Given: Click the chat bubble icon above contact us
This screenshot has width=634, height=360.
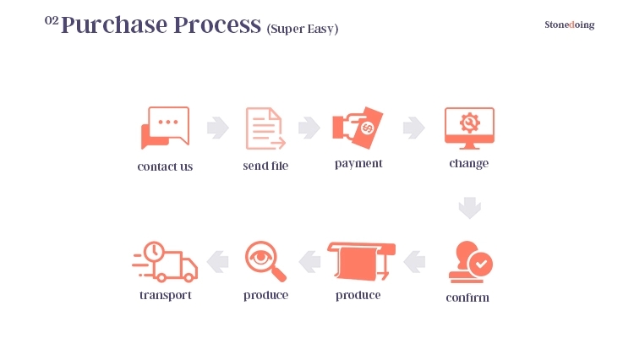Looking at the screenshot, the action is (165, 128).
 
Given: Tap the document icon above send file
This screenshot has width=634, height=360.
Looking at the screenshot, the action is (265, 128).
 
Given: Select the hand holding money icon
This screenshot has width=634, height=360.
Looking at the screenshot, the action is (358, 128).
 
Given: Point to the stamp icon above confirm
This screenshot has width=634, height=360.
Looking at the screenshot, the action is (470, 262).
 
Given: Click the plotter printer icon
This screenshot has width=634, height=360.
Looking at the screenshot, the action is (361, 261).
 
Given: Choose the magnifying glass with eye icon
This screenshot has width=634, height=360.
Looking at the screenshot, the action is (265, 261).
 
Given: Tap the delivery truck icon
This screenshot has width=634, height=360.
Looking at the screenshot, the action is (165, 261).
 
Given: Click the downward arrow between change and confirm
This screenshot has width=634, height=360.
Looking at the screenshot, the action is (470, 208).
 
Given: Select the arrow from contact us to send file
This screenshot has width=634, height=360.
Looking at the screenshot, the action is (218, 128).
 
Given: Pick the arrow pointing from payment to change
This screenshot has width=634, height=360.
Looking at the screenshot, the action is (414, 128).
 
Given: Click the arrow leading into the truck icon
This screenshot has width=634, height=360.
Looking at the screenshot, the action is (217, 262).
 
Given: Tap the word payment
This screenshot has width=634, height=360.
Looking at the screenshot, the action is (358, 164).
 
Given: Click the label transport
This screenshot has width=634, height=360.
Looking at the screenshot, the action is (166, 296).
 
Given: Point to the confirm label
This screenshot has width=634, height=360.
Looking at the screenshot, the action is (467, 297).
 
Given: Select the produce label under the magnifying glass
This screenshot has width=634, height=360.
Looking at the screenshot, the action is (265, 296).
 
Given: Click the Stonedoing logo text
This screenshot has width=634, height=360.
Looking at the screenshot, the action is (569, 25).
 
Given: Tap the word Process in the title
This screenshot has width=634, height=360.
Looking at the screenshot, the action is (217, 25).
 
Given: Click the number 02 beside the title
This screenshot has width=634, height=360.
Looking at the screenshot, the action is (52, 20).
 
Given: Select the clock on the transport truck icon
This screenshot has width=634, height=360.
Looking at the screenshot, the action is (154, 252).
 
